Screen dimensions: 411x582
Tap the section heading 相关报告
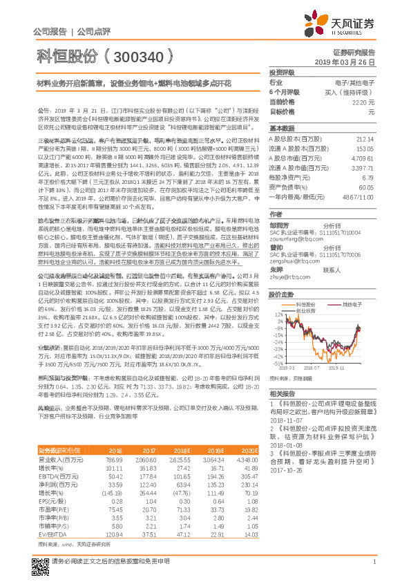coord(282,393)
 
